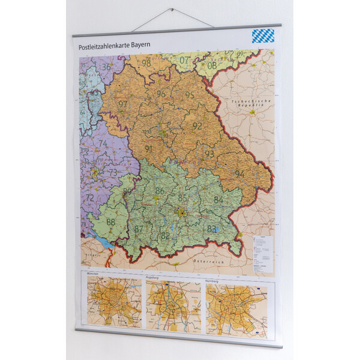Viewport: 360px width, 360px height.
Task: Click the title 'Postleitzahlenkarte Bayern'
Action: point(114,46)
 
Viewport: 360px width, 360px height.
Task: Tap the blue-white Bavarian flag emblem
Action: point(263,35)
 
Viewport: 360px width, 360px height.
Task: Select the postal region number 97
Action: point(123,104)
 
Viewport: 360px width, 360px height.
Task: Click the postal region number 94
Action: point(239,174)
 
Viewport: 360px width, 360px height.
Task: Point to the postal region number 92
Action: point(197,126)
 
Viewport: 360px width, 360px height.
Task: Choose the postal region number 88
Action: point(110,221)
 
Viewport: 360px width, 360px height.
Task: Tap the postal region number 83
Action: point(211,229)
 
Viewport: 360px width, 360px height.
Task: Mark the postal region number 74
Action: point(103,143)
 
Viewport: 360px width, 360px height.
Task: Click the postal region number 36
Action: point(106,67)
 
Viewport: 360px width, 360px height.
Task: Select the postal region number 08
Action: point(212,65)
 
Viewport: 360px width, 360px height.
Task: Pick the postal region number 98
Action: point(146,63)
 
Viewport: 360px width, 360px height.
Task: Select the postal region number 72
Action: point(89,197)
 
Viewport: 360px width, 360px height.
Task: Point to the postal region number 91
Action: point(148,149)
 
